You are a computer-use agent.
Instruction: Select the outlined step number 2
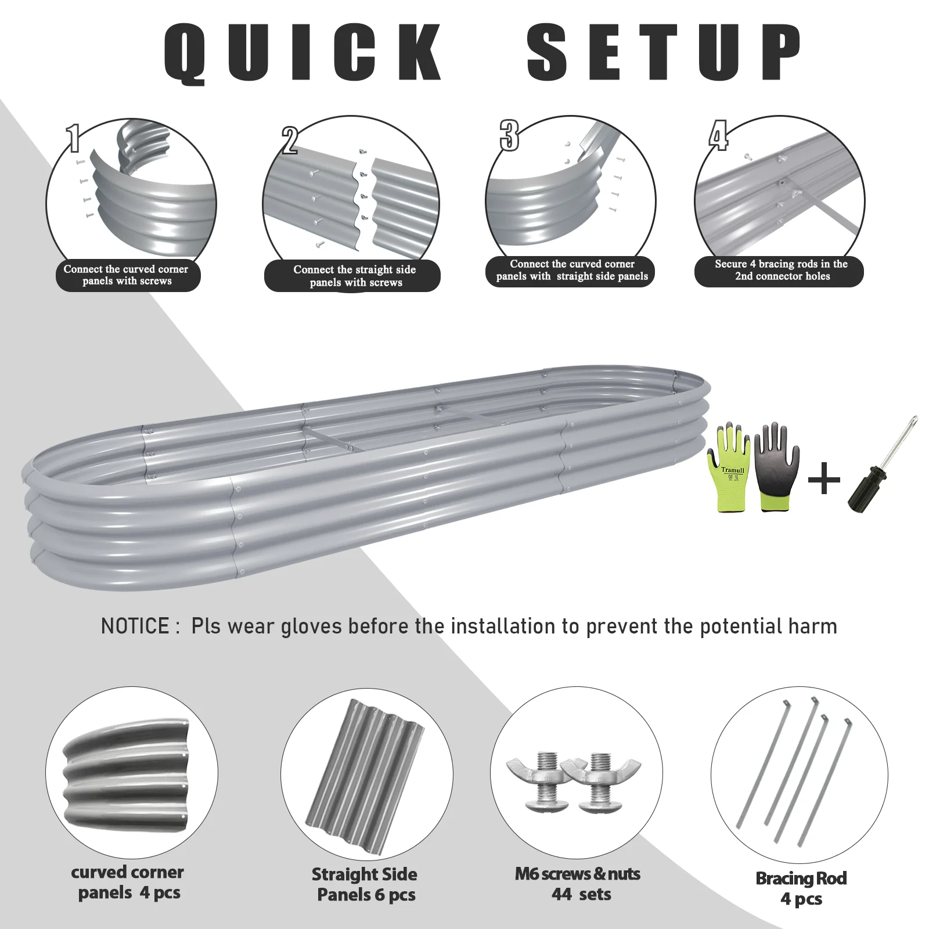coord(289,141)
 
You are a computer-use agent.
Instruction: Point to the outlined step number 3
coord(509,136)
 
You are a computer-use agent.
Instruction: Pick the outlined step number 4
coord(718,136)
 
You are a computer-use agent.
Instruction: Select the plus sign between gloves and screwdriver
coord(824,480)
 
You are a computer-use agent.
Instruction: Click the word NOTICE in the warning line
coord(135,626)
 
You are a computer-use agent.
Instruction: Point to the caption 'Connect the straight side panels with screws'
coord(355,276)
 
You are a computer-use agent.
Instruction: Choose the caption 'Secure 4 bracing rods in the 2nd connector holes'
coord(781,270)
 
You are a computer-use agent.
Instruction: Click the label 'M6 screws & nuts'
coord(577,874)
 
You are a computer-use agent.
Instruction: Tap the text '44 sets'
coord(581,894)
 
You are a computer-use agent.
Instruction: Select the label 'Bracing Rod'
coord(801,878)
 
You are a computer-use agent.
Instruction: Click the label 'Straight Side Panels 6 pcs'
coord(365,884)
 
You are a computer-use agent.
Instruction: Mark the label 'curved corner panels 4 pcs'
coord(128,882)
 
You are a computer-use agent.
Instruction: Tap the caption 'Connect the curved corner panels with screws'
coord(127,275)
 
